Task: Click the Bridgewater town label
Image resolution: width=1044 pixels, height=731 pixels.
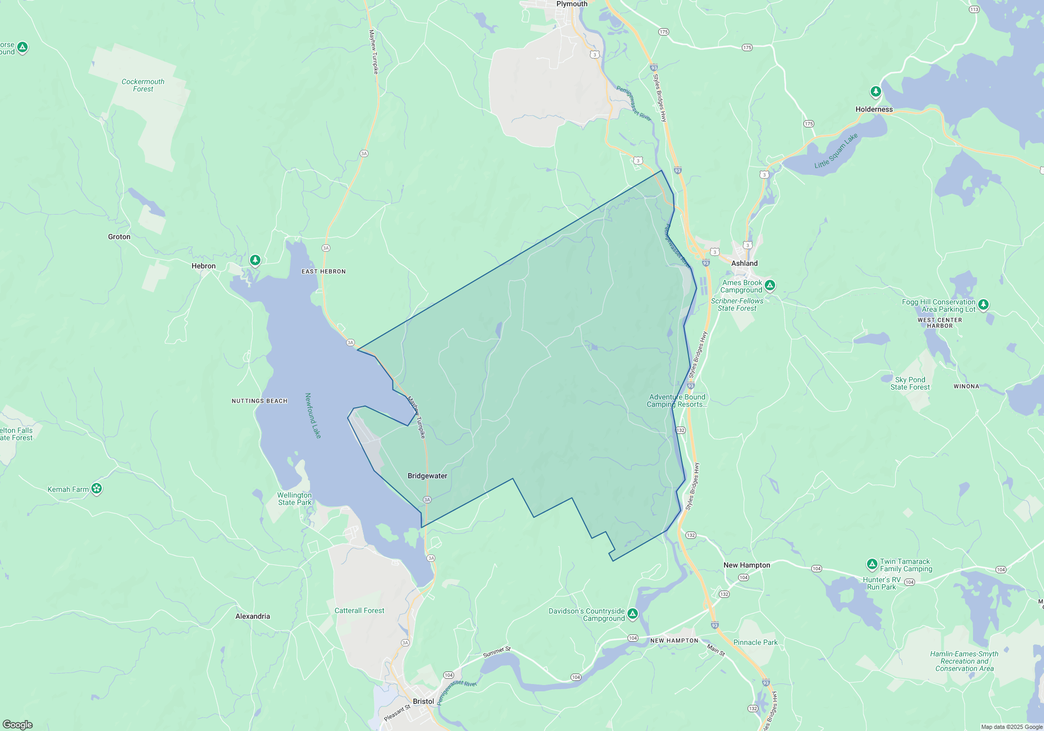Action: [427, 476]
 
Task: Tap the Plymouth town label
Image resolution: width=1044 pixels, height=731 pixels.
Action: [572, 4]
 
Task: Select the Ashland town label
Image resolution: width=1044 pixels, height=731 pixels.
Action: [744, 263]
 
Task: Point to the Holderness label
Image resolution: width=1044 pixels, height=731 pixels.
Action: [874, 109]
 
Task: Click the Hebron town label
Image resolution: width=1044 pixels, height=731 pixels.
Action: [203, 266]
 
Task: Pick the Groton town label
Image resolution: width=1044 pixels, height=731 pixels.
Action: [119, 237]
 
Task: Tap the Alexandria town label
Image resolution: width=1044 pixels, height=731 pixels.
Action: [253, 616]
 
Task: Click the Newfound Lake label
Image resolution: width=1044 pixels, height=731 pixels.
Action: [313, 416]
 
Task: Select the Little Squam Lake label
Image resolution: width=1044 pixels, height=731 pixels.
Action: [836, 151]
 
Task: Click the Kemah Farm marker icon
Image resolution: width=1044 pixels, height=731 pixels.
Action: [97, 489]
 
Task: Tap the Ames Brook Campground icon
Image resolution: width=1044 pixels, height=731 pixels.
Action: [770, 285]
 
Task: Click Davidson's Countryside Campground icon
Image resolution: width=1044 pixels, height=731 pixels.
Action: [633, 614]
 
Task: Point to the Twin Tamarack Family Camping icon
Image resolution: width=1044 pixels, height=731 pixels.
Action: [872, 564]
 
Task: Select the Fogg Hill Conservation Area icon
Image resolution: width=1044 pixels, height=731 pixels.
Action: [983, 304]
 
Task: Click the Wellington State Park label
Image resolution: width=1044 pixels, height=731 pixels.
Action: [294, 499]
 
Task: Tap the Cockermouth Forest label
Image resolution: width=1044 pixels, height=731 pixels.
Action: [143, 85]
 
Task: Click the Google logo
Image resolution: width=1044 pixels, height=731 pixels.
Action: [18, 725]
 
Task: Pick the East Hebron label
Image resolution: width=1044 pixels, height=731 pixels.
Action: [324, 272]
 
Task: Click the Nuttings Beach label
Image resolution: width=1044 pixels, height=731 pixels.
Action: [259, 401]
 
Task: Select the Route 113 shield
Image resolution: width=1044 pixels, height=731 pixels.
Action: [974, 9]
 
